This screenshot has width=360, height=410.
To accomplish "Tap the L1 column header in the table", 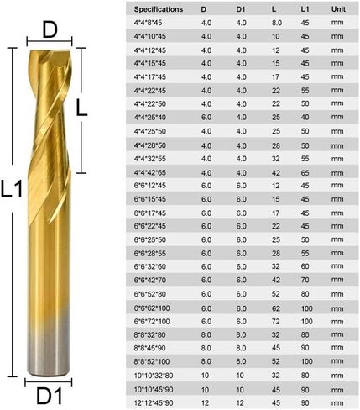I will pyautogui.click(x=304, y=8).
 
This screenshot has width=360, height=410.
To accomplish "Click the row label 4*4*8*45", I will pyautogui.click(x=148, y=23).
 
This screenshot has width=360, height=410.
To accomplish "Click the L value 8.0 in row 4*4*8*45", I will pyautogui.click(x=276, y=23).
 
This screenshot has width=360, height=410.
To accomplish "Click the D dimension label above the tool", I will pyautogui.click(x=50, y=32).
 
